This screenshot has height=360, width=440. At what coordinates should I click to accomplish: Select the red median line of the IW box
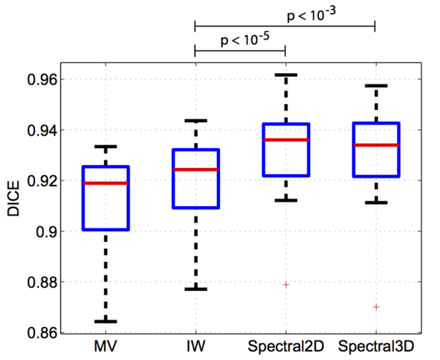click(195, 169)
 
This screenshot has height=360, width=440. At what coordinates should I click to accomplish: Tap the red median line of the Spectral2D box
click(285, 139)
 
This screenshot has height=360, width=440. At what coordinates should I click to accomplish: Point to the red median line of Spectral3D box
click(375, 145)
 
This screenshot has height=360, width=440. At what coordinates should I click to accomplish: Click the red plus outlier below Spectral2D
click(285, 284)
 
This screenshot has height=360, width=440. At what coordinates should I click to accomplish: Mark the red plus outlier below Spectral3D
click(375, 306)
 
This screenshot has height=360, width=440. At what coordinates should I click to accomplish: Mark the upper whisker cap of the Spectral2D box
click(285, 75)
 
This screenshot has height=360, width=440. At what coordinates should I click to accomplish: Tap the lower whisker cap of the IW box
click(195, 289)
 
